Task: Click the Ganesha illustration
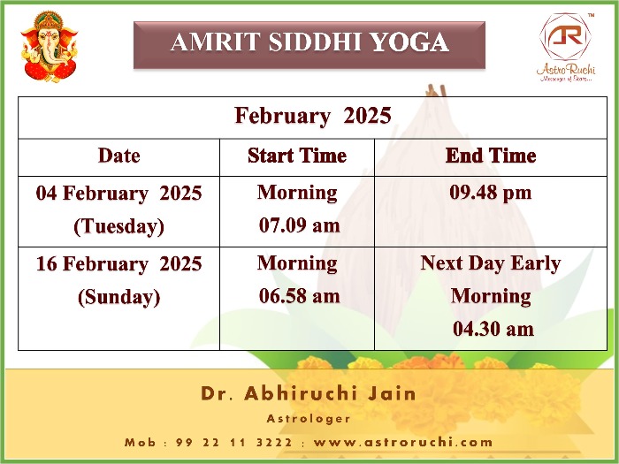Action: pos(50,47)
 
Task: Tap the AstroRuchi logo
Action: pos(566,48)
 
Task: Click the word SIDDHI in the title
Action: pos(315,42)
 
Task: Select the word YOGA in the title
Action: pos(409,42)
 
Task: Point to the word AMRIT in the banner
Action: pos(216,42)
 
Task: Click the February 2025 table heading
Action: pos(313,116)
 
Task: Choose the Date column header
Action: pos(118,156)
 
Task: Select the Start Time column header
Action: pos(297,156)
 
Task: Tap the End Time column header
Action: pos(491,156)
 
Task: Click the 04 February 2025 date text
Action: pos(118,194)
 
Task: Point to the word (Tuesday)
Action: pos(118,226)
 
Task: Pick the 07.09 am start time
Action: pos(299,225)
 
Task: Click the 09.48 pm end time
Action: pos(490,194)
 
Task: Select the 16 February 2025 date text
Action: pos(118,263)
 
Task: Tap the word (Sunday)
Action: pos(118,297)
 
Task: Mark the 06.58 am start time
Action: pos(299,296)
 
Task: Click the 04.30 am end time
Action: pos(493,329)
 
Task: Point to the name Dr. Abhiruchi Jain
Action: pos(309,393)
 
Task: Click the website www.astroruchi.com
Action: pos(403,442)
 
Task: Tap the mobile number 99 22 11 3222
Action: pos(234,442)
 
